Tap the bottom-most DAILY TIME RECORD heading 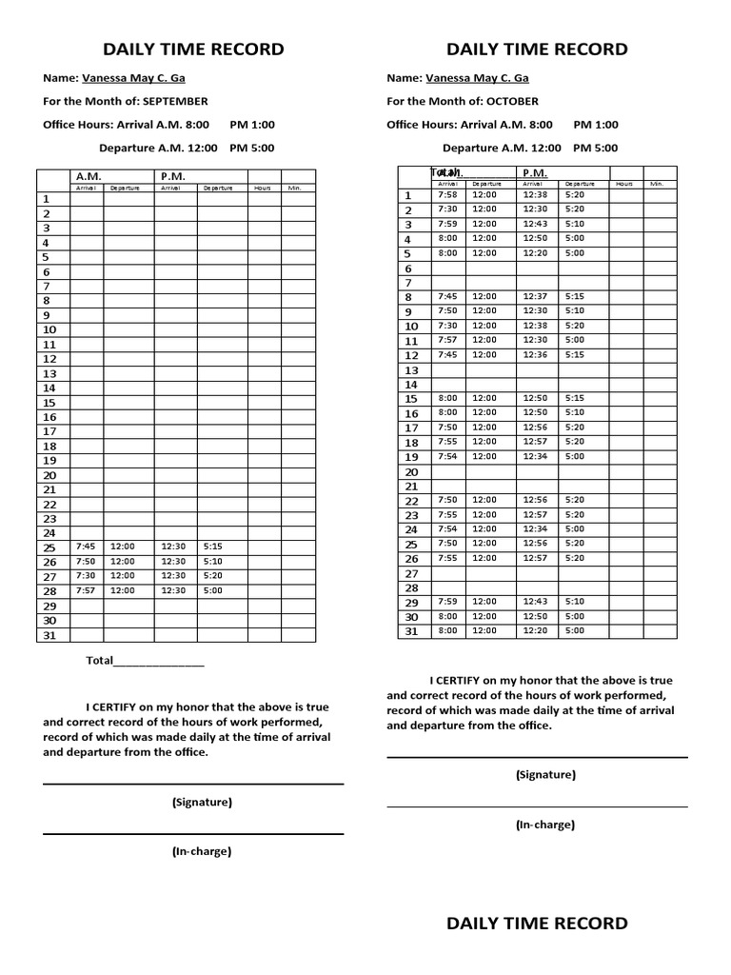[537, 923]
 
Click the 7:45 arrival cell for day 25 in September [86, 547]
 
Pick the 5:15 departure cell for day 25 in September [212, 547]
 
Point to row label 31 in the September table [50, 635]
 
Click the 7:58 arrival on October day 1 [447, 194]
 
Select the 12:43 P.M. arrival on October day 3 [535, 224]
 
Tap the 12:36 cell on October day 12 [535, 354]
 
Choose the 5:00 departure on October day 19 [575, 456]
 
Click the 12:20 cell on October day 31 [535, 630]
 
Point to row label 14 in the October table [412, 385]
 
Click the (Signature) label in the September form [202, 802]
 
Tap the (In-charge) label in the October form [544, 825]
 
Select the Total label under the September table [100, 661]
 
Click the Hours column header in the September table [262, 189]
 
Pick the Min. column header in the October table [657, 183]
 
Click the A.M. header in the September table [89, 176]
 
